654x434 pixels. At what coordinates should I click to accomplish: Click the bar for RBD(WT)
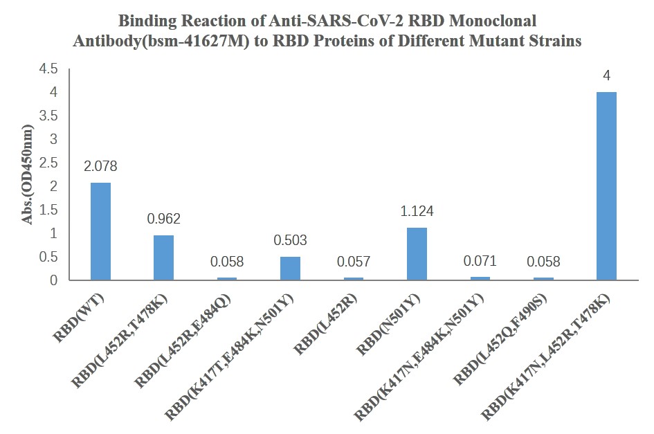click(100, 232)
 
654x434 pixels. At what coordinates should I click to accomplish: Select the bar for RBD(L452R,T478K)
click(163, 258)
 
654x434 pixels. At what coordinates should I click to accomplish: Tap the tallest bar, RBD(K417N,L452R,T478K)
click(606, 186)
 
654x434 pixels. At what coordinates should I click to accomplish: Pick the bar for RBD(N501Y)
click(417, 254)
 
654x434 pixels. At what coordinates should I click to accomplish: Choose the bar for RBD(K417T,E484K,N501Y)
click(290, 269)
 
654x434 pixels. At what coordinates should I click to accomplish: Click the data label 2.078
click(100, 167)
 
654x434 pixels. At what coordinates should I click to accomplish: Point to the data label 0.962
click(164, 219)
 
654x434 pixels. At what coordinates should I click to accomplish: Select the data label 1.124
click(417, 212)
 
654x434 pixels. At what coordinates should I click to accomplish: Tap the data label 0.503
click(290, 241)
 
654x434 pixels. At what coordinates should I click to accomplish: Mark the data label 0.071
click(480, 262)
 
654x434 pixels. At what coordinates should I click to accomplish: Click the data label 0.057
click(353, 262)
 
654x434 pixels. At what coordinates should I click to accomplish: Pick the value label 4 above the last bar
click(606, 76)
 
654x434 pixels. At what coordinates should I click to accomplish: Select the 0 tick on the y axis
click(54, 281)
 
